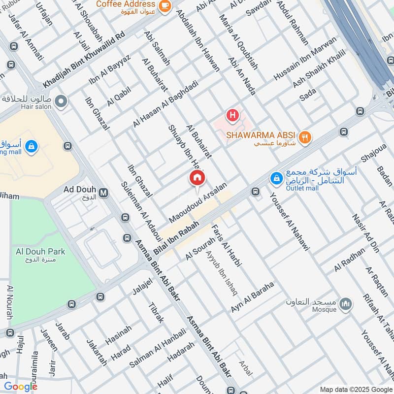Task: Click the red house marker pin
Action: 197,178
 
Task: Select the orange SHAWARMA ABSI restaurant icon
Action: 305,138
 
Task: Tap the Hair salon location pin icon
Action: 61,102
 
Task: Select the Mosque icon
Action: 346,304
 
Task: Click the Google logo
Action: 21,387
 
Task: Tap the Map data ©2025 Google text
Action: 353,389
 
